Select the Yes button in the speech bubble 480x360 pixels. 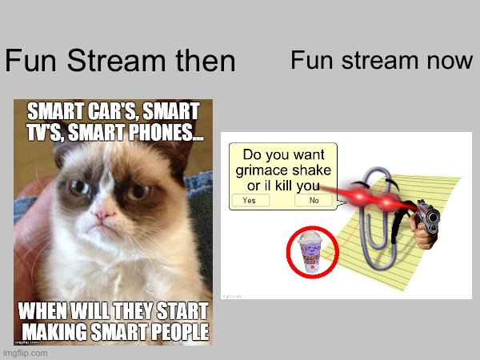[x=249, y=201]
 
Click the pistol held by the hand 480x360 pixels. [x=428, y=215]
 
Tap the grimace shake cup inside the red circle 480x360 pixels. [x=310, y=252]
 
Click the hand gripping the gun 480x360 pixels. [x=422, y=231]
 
